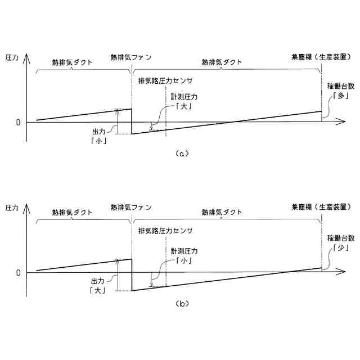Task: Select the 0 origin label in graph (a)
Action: coord(19,121)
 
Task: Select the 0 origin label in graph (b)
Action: coord(19,273)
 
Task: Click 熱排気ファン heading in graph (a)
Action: coord(132,57)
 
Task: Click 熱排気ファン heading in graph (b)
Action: coord(132,207)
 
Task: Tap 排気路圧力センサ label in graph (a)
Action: coord(165,80)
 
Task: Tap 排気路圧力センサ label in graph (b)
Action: coord(165,231)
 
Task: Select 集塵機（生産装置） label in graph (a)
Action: coord(320,57)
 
